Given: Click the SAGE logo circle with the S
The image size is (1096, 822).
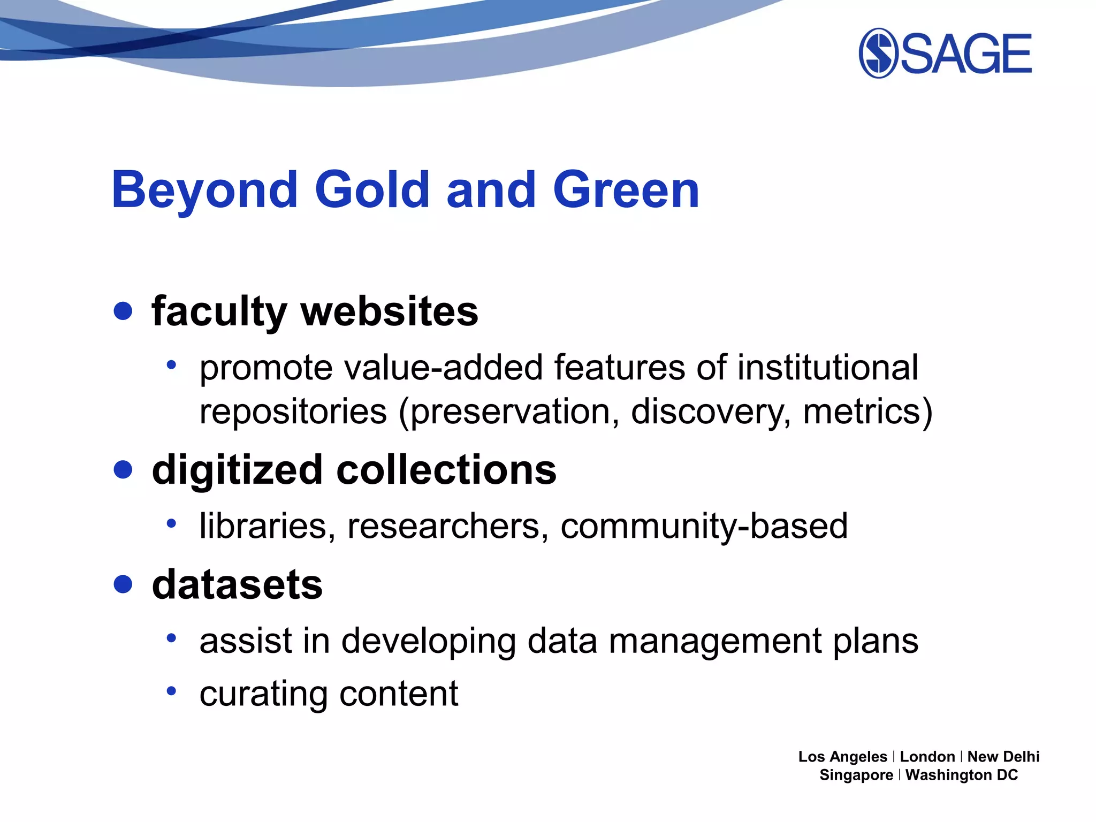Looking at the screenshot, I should coord(878,53).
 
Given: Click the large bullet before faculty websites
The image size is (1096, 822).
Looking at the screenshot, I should coord(123,311).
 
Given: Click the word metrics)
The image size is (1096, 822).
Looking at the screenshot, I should coord(867,412).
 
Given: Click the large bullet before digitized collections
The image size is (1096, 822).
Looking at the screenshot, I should coord(123,469).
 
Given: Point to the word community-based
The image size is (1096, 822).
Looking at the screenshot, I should coord(704,526).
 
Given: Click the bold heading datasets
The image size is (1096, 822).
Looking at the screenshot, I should coord(237,584).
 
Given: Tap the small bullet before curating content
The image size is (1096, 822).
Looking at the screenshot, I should coord(171,691).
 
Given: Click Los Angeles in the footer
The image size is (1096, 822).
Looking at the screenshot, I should coord(842,757).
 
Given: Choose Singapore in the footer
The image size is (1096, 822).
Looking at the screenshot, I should coord(856,775).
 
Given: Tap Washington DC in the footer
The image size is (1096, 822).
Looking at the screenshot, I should coord(961,775).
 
